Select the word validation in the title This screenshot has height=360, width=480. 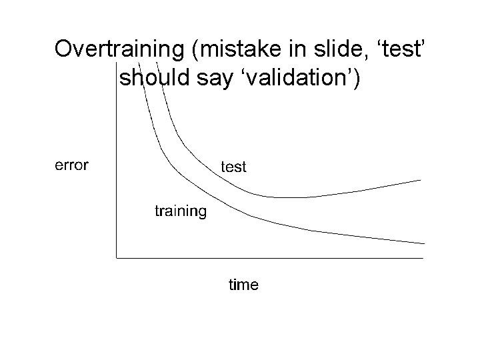(x=294, y=79)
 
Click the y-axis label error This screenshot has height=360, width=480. (x=71, y=165)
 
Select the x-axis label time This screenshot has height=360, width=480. (x=243, y=285)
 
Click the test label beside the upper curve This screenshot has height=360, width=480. (x=233, y=167)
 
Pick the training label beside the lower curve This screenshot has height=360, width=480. (x=181, y=211)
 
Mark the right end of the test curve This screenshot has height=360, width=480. (x=421, y=180)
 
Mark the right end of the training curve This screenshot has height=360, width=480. (x=424, y=243)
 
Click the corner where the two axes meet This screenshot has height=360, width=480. (x=117, y=257)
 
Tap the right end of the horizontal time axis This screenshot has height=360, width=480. (x=423, y=257)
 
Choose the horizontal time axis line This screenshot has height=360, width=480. (x=267, y=257)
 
